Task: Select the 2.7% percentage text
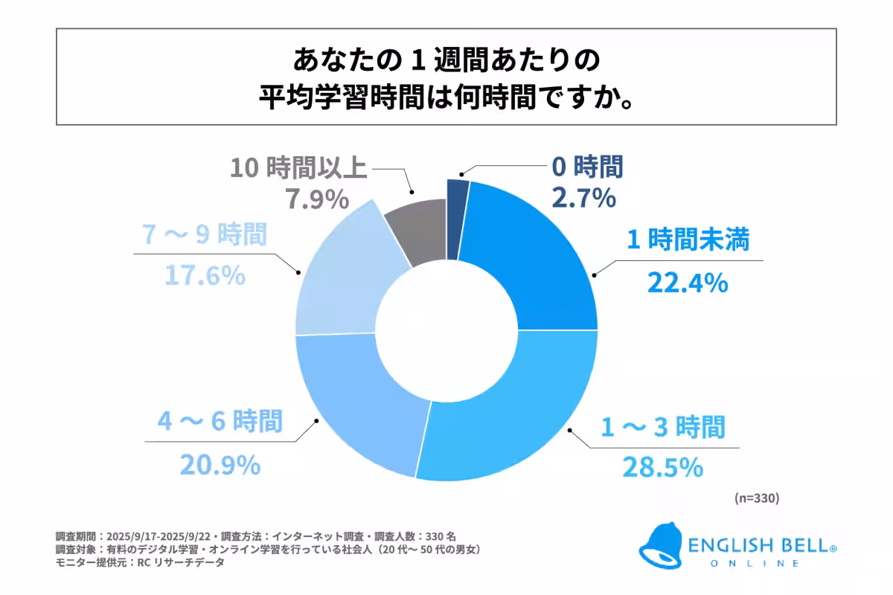tap(583, 199)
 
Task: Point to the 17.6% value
tap(204, 275)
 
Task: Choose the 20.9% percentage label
tap(220, 466)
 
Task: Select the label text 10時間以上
tap(298, 169)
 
